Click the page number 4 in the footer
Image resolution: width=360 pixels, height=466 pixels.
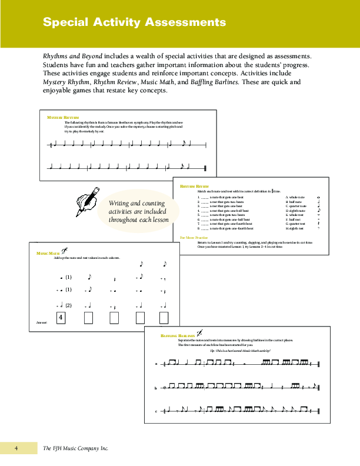coord(16,449)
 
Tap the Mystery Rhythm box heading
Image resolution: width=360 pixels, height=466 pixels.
coord(62,118)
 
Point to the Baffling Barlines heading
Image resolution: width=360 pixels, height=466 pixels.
coord(178,335)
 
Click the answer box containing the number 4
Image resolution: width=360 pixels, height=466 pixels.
coord(61,318)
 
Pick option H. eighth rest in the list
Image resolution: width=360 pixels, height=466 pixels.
coord(295,228)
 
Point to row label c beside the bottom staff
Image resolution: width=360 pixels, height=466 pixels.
coord(156,411)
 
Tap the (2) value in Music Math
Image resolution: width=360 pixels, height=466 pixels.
coord(68,305)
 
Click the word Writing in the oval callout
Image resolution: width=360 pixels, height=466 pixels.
coord(120,203)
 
